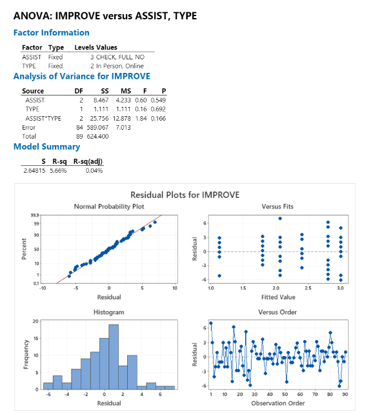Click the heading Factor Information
coord(52,33)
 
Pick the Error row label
coord(29,128)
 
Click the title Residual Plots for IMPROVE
coord(185,195)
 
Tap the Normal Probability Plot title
coord(109,206)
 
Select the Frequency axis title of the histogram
coord(25,355)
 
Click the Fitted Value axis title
coord(279,297)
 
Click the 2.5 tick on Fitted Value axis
coord(308,288)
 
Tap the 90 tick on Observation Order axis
coord(345,393)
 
